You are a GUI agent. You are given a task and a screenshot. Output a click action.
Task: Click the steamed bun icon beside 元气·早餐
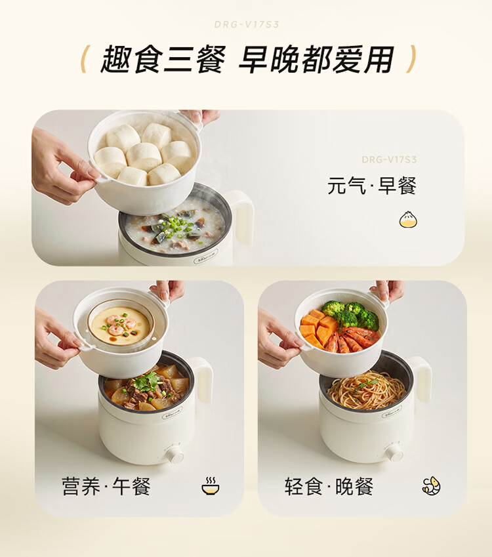coord(408,220)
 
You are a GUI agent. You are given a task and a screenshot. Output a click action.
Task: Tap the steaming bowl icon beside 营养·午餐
coord(211,486)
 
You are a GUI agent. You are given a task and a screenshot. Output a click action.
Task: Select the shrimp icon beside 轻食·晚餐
coord(431,485)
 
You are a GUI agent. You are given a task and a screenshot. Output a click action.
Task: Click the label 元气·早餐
coord(371,185)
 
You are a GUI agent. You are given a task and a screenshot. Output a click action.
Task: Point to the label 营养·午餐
coord(106,486)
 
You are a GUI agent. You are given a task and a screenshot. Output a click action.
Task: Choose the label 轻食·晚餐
coord(329,486)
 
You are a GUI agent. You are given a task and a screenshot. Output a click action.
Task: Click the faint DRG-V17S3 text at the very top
coord(247,24)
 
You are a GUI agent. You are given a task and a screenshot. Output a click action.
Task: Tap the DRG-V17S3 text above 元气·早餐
coord(389,159)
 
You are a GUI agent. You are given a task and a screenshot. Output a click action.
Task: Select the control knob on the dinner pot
coord(394,452)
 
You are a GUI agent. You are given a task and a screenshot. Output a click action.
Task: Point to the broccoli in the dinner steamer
coord(352,314)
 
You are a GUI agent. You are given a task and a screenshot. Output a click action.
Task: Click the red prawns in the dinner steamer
coord(351,339)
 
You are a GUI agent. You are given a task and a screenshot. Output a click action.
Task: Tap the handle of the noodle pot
coord(422,379)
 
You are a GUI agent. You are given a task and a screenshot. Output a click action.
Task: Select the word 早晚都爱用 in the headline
coord(316,59)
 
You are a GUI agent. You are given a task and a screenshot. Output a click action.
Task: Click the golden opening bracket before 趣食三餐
coord(85,59)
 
